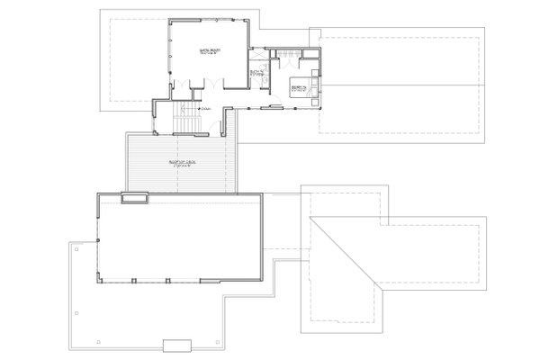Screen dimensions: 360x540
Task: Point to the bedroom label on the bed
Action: pyautogui.click(x=299, y=86)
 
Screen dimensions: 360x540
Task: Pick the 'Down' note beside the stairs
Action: pyautogui.click(x=206, y=109)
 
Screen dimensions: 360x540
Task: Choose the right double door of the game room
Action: pyautogui.click(x=211, y=84)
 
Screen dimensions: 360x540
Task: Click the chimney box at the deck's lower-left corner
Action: pyautogui.click(x=135, y=199)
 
